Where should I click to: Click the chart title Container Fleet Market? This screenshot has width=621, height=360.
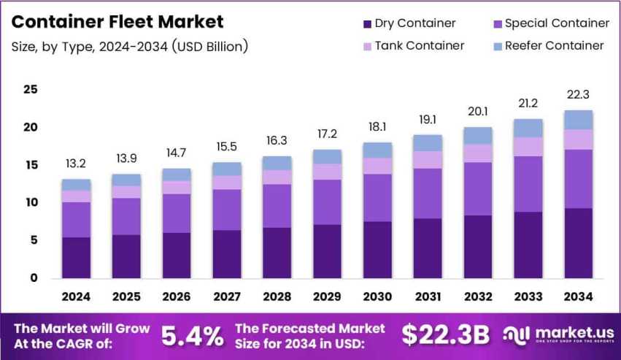click(117, 22)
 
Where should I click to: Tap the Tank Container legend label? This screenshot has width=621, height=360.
click(419, 45)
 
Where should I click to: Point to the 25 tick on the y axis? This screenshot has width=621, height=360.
click(31, 90)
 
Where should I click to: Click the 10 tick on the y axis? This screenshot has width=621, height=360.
click(31, 202)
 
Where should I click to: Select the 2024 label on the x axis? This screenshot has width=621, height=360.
click(76, 297)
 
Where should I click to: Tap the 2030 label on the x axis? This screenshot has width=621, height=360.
click(377, 297)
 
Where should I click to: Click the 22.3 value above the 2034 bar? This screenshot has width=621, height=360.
click(578, 94)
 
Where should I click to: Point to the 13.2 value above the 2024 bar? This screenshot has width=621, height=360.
click(76, 163)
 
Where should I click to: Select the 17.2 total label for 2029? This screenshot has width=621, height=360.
click(327, 134)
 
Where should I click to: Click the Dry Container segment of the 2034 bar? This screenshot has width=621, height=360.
click(578, 243)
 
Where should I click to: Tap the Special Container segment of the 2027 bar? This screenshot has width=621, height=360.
click(227, 210)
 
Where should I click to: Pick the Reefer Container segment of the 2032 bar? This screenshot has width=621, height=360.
click(478, 136)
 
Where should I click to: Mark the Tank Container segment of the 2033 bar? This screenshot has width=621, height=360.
click(528, 147)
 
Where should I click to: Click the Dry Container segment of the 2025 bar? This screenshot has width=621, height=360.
click(126, 256)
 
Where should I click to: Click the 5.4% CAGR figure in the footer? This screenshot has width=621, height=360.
click(192, 335)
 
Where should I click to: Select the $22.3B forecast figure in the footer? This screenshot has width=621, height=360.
click(445, 335)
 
